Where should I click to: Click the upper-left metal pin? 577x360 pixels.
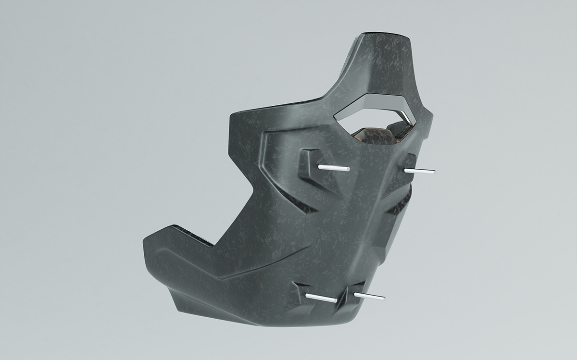pyautogui.click(x=334, y=167)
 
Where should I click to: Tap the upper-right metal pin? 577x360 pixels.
pyautogui.click(x=419, y=171)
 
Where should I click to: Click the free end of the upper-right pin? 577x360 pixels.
pyautogui.click(x=433, y=170)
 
